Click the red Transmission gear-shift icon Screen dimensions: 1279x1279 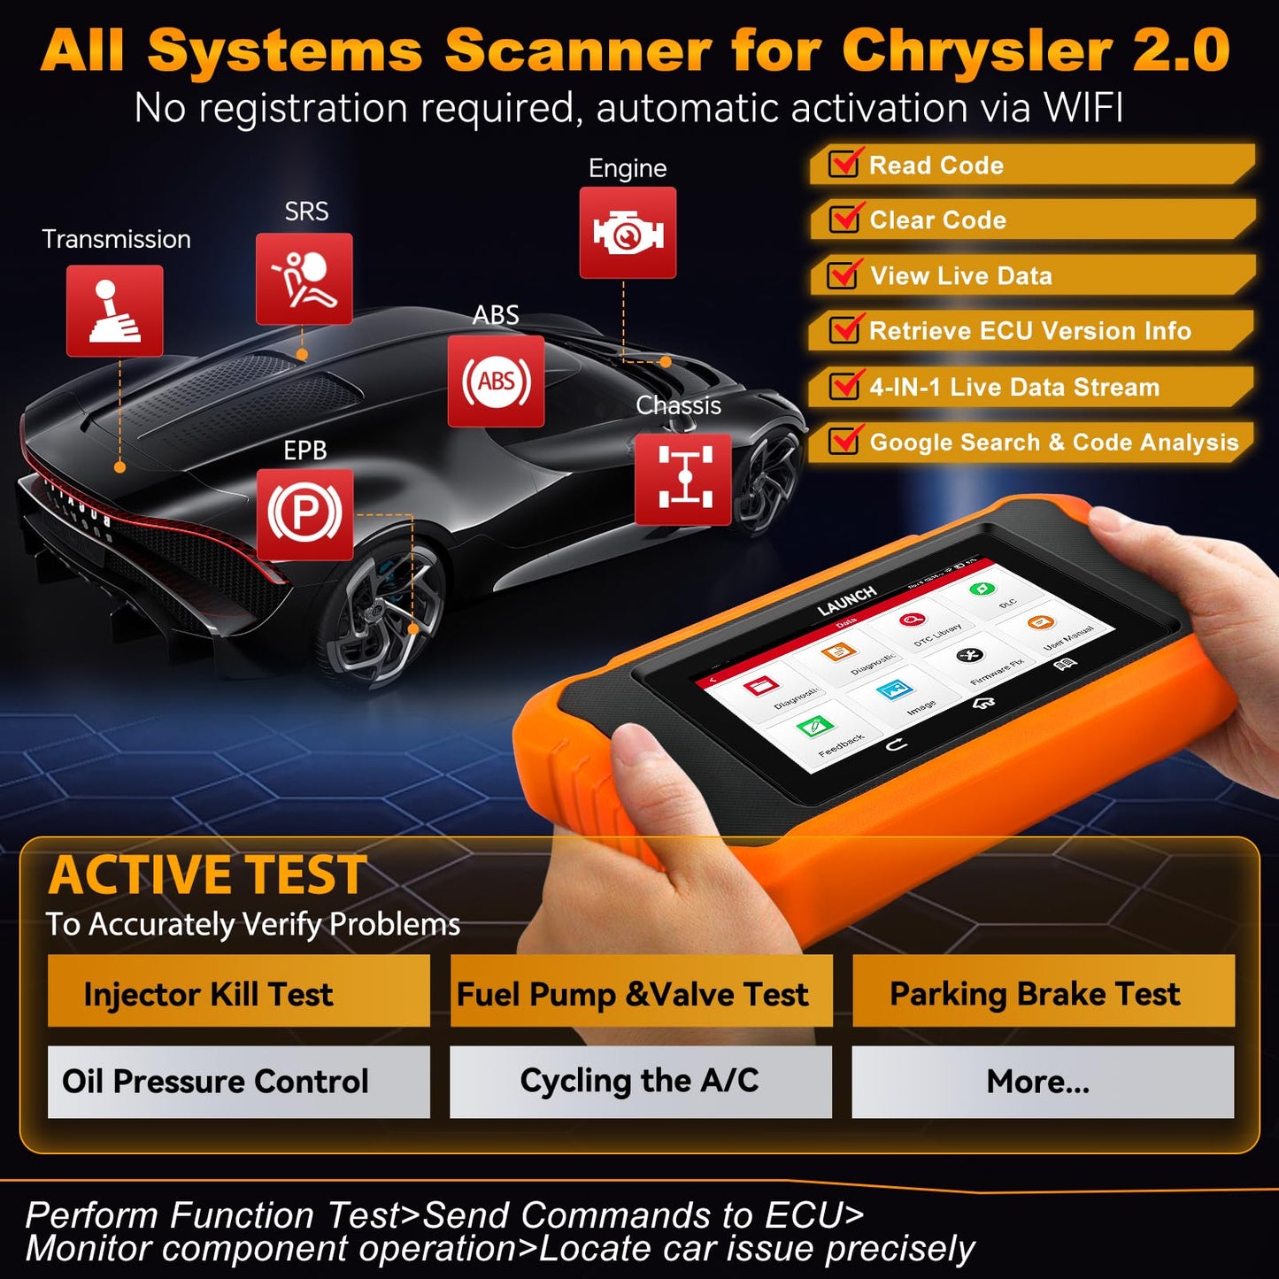pos(114,311)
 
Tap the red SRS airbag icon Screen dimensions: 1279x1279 pos(304,279)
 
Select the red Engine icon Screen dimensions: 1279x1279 pos(628,233)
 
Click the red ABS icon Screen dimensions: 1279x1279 pos(496,381)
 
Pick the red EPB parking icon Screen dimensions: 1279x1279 pos(304,514)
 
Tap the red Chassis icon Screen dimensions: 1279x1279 pos(682,479)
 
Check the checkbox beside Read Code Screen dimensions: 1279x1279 pos(844,165)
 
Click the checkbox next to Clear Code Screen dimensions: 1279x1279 pos(844,220)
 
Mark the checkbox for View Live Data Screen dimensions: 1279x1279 pos(843,275)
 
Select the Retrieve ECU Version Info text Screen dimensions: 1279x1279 pos(1029,331)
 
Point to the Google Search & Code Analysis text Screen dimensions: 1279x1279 pos(1053,443)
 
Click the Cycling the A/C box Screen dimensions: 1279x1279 pos(640,1082)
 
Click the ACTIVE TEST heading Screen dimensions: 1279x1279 pos(208,875)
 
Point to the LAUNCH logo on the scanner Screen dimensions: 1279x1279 pos(846,601)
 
